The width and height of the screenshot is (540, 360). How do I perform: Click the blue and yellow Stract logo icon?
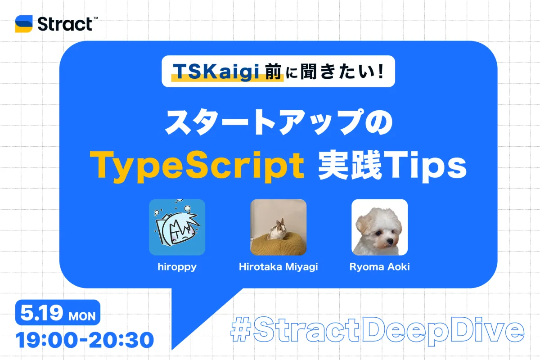pyautogui.click(x=23, y=24)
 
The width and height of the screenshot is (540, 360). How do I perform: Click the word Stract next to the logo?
pyautogui.click(x=65, y=24)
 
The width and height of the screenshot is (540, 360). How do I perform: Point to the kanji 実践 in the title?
pyautogui.click(x=350, y=165)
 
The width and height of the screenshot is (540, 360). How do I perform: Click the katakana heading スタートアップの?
pyautogui.click(x=279, y=122)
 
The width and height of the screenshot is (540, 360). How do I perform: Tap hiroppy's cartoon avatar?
pyautogui.click(x=177, y=227)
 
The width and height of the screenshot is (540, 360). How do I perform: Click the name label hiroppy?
pyautogui.click(x=177, y=267)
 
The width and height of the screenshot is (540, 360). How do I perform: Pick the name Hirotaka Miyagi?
pyautogui.click(x=278, y=267)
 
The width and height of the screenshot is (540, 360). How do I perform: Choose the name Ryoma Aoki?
pyautogui.click(x=379, y=267)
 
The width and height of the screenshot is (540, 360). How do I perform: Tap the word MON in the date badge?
pyautogui.click(x=82, y=316)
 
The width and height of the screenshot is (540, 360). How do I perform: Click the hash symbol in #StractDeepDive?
pyautogui.click(x=240, y=329)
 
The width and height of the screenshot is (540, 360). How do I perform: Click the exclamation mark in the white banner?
pyautogui.click(x=381, y=71)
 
